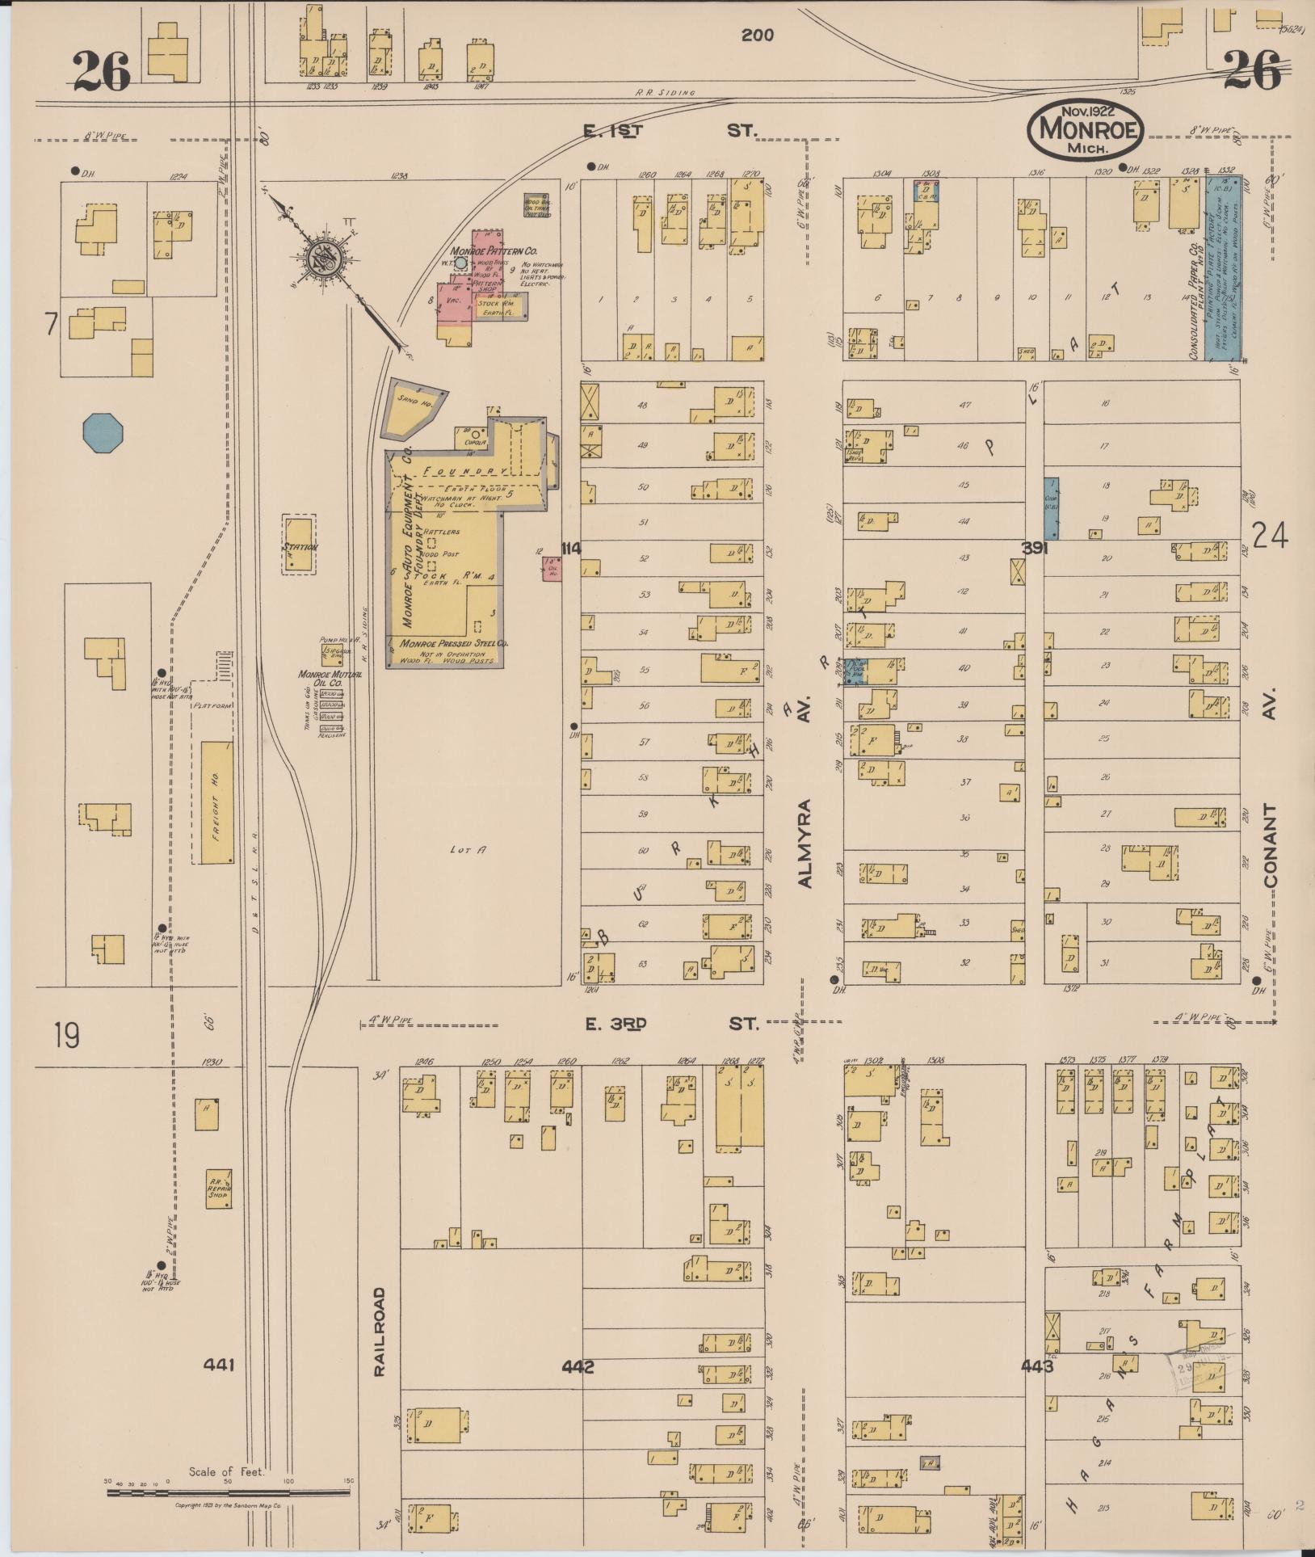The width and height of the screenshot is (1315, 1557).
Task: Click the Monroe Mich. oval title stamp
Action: point(1086,129)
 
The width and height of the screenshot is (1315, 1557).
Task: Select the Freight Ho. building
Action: point(216,802)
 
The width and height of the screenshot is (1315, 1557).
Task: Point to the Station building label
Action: point(299,547)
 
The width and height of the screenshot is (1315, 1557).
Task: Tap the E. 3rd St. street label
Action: point(670,1024)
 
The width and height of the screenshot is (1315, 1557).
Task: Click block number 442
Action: point(578,1366)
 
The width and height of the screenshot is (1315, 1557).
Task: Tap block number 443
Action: point(1036,1366)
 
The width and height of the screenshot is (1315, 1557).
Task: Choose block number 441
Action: point(219,1364)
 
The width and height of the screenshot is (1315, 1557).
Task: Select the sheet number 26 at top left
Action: point(102,73)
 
